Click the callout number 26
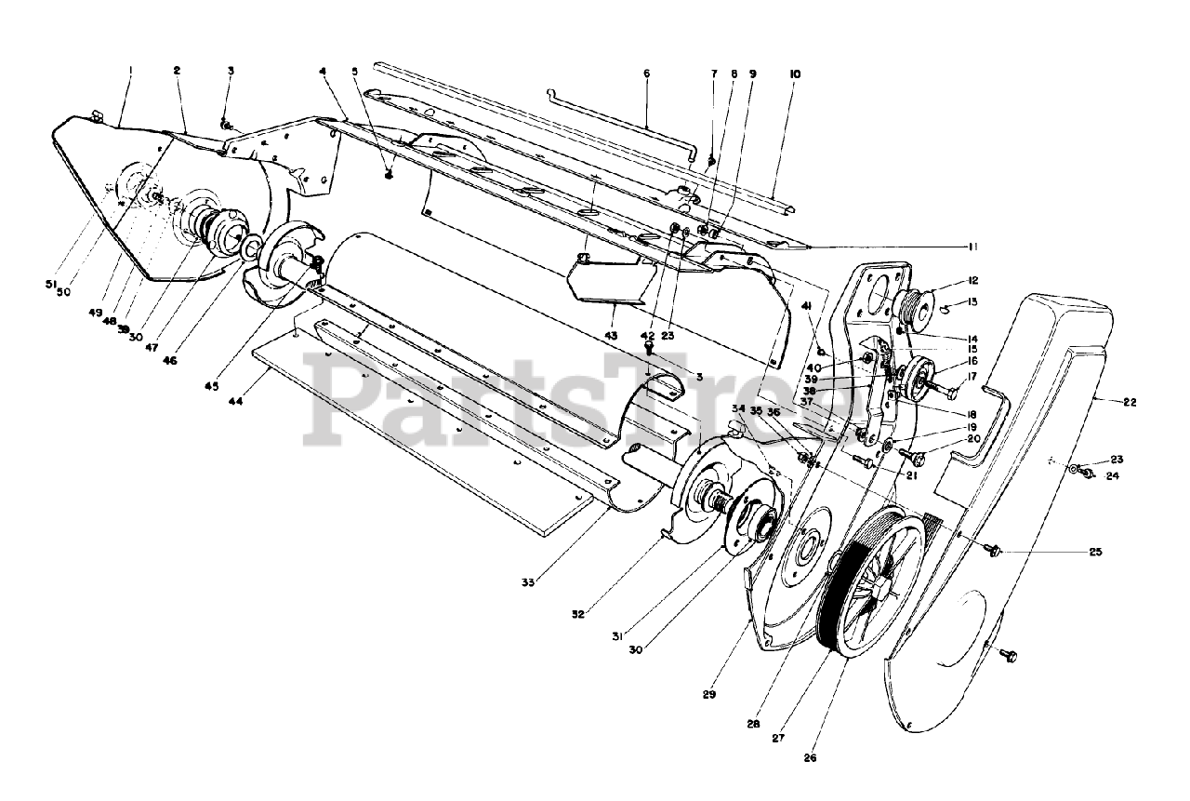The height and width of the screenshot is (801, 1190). point(810,757)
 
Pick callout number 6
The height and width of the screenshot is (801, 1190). point(646,73)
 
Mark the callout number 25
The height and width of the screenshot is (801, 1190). point(1095,552)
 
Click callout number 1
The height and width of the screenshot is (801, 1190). point(131,69)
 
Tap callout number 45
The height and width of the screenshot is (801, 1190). point(212,385)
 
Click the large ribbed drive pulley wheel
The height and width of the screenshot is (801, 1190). point(869,577)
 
